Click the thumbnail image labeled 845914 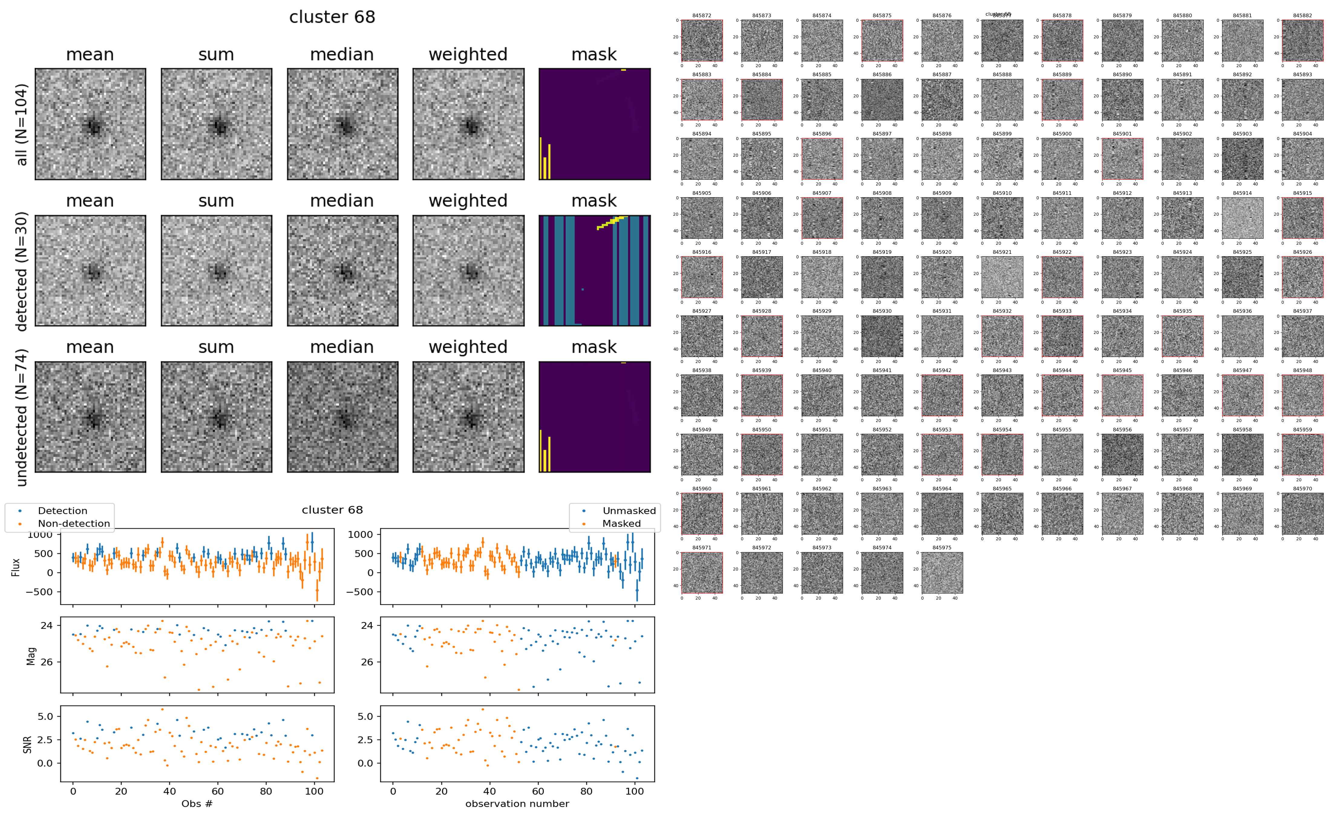pyautogui.click(x=1242, y=218)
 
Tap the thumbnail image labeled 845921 pyautogui.click(x=1002, y=277)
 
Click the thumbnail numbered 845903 pyautogui.click(x=1242, y=159)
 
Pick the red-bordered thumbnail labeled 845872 pyautogui.click(x=701, y=41)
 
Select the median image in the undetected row pyautogui.click(x=342, y=417)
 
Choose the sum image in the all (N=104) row pyautogui.click(x=216, y=124)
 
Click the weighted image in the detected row pyautogui.click(x=468, y=270)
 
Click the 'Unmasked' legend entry pyautogui.click(x=629, y=511)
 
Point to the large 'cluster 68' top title pyautogui.click(x=332, y=17)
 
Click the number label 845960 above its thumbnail pyautogui.click(x=701, y=489)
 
